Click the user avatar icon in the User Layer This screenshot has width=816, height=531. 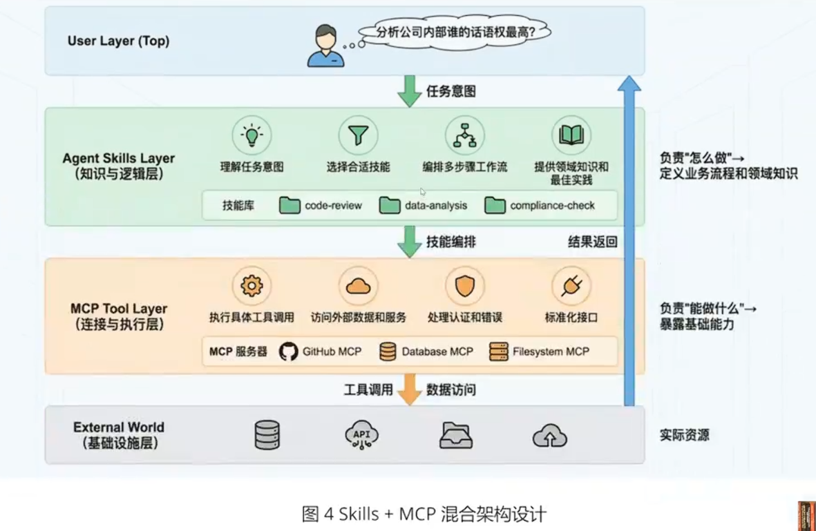pos(325,46)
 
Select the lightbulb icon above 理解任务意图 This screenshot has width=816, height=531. pos(252,135)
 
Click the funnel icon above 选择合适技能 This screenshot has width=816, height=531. pos(358,135)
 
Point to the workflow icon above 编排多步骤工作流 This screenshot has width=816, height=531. pos(464,135)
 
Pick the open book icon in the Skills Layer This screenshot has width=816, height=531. pos(571,135)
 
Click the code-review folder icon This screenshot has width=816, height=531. pos(290,205)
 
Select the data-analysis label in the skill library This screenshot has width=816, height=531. pos(436,205)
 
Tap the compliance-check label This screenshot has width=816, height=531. pos(552,205)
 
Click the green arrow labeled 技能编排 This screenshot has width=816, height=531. pos(410,242)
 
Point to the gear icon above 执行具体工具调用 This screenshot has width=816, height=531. pos(252,286)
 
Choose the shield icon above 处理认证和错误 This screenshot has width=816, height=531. pos(464,286)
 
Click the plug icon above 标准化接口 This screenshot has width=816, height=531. pos(571,286)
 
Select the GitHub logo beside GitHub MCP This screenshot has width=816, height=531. pos(289,351)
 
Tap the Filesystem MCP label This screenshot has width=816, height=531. pos(551,351)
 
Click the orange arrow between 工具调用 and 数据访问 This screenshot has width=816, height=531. pos(410,389)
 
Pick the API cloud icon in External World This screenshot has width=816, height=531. pos(361,435)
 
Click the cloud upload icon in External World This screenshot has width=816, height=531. pos(550,436)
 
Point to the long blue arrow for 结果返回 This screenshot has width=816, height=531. pos(629,242)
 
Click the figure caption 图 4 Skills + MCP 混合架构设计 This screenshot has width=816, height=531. pos(424,514)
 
